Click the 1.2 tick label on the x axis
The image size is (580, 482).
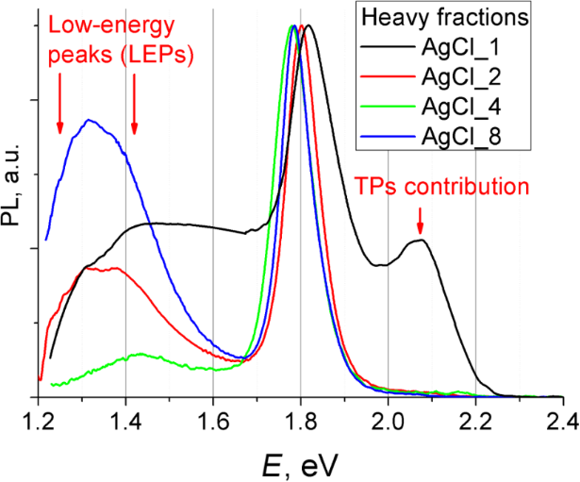point(39,420)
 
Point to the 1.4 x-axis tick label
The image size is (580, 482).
point(125,420)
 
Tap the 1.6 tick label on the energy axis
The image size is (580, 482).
point(213,420)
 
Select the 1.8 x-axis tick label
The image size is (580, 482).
point(301,420)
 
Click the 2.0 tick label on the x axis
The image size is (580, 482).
point(389,420)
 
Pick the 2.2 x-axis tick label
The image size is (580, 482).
point(475,420)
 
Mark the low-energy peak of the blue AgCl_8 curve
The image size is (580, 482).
point(90,120)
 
